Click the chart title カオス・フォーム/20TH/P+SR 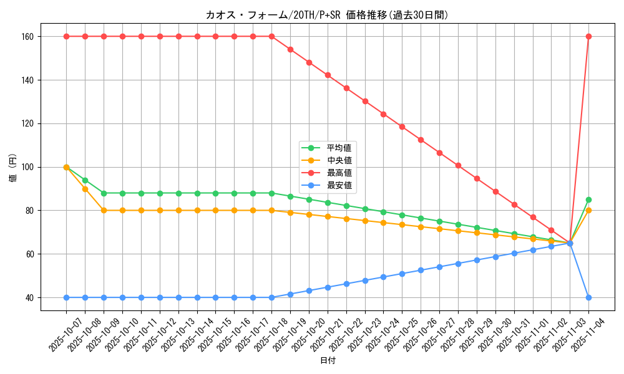tap(327, 15)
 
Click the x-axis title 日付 tap(327, 361)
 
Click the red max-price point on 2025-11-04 tap(588, 36)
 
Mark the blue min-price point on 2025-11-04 tap(588, 297)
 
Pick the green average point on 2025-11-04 tap(588, 199)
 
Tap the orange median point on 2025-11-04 tap(588, 210)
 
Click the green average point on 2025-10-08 tap(85, 180)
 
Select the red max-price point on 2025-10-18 tap(271, 36)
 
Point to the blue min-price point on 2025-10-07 tap(66, 297)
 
